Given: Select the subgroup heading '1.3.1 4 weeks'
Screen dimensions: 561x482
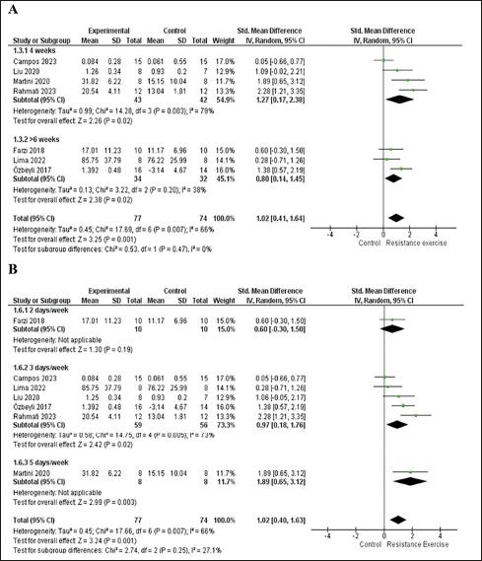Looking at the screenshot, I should coord(33,49).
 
